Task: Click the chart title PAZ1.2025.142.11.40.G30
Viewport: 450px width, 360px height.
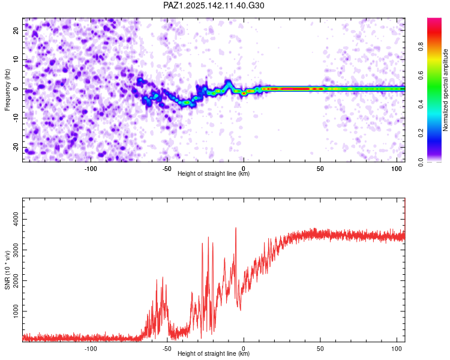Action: click(214, 5)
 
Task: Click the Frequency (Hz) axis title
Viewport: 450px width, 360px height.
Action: click(7, 90)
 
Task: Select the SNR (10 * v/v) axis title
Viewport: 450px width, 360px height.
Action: click(7, 270)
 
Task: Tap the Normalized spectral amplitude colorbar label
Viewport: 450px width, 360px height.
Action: click(445, 90)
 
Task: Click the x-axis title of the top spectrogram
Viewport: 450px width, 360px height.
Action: click(214, 173)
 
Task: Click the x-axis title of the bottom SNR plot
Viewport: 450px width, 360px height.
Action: click(214, 353)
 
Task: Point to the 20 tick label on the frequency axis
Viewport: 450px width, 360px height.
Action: click(16, 31)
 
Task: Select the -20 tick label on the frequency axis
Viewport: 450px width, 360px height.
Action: click(16, 147)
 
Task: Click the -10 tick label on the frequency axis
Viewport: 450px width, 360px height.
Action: click(16, 118)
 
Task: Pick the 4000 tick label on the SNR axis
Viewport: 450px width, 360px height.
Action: click(16, 219)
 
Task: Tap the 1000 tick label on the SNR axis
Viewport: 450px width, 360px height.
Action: click(16, 311)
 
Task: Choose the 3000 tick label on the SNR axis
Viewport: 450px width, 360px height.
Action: click(16, 250)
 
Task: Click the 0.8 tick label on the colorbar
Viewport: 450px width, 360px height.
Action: click(421, 46)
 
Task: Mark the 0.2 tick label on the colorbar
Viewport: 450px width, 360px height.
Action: click(421, 133)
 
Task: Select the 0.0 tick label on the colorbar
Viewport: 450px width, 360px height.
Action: click(421, 162)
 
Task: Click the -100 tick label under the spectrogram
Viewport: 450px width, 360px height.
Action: click(91, 169)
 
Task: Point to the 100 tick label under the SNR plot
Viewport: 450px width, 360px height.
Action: click(397, 349)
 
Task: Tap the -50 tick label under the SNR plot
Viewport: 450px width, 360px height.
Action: click(167, 349)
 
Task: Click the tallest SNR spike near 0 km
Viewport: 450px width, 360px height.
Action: click(236, 228)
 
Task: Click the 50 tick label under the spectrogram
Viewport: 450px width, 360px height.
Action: click(320, 169)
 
